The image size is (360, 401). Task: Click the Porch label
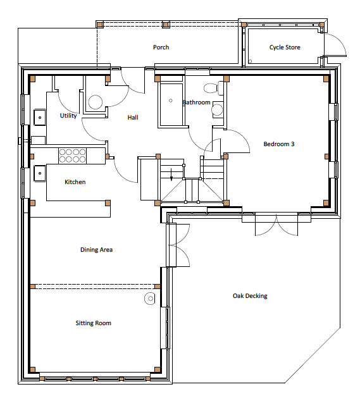point(161,47)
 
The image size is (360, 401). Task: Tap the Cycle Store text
point(285,47)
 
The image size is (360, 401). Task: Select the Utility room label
point(68,116)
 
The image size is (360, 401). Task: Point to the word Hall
point(133,118)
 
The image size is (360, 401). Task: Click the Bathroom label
point(196,102)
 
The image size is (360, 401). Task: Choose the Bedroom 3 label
point(279,144)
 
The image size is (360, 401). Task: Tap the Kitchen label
point(75,182)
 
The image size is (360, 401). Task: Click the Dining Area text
point(96,250)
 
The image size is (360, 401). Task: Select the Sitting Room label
point(94,323)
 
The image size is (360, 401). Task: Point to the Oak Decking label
point(250,296)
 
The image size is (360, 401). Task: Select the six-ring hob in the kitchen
point(73,155)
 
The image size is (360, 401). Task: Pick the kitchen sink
point(39,172)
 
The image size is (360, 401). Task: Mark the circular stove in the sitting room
point(151,299)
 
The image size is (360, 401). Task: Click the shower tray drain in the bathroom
point(170,100)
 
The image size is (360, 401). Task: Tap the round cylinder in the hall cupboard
point(96,102)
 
